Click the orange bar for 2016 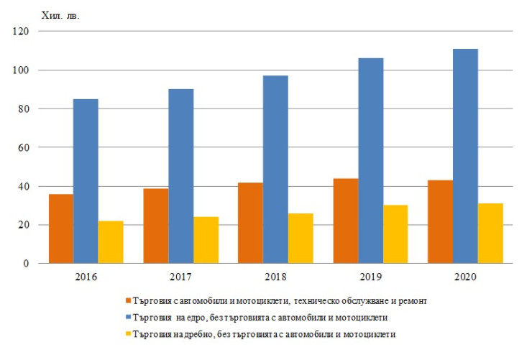(x=60, y=229)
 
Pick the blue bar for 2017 (x=181, y=176)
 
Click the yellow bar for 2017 (x=206, y=240)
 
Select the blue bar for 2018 (x=276, y=170)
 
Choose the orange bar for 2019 (x=346, y=221)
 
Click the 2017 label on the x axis (x=181, y=277)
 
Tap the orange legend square (x=128, y=300)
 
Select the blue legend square (x=128, y=317)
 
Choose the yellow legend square (x=128, y=333)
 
